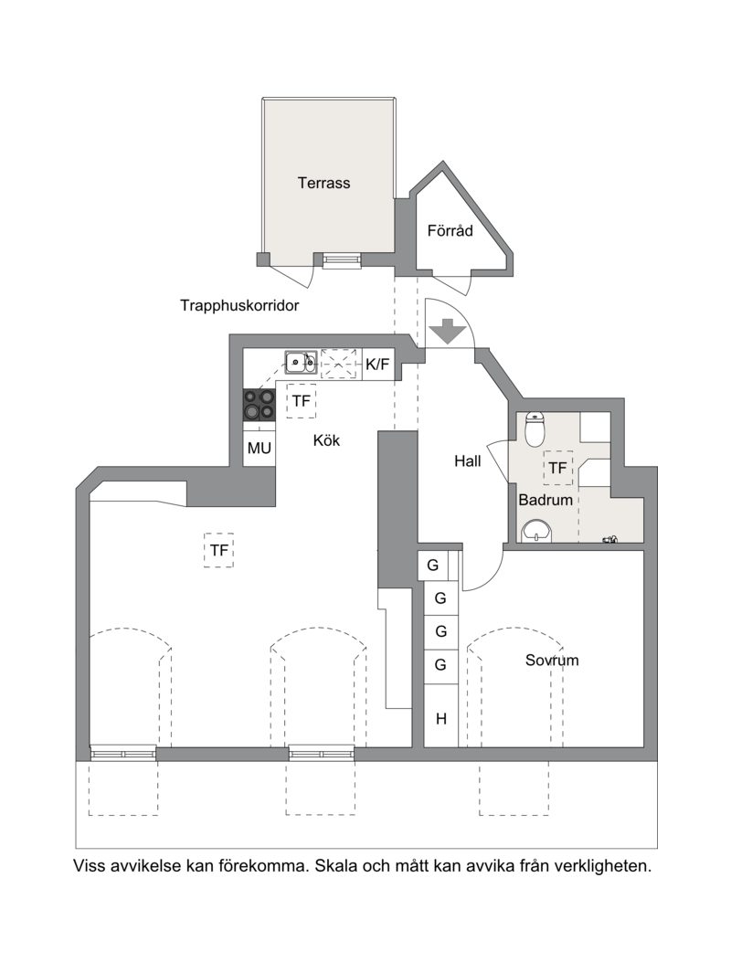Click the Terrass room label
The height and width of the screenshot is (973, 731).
click(x=323, y=183)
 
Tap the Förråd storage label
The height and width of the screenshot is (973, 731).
click(x=450, y=231)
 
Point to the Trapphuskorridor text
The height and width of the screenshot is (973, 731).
click(x=239, y=305)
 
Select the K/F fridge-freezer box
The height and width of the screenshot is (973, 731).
click(x=377, y=365)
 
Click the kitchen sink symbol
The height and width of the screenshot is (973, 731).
click(x=301, y=362)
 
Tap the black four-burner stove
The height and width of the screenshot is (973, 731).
click(x=260, y=405)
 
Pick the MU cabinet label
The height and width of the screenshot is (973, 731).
click(x=260, y=448)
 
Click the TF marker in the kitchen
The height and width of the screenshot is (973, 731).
click(x=301, y=401)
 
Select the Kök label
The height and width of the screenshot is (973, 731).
click(x=326, y=440)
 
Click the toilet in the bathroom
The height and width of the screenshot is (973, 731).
click(x=535, y=428)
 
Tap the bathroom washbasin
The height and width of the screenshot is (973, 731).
click(x=536, y=532)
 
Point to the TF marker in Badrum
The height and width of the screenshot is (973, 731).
click(x=558, y=468)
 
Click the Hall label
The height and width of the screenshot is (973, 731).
click(x=467, y=461)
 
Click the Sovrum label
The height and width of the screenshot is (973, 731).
click(x=552, y=661)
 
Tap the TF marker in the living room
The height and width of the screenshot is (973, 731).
click(x=219, y=550)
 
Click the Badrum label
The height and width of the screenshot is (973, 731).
click(x=546, y=500)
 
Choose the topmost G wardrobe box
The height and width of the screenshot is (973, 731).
click(x=433, y=566)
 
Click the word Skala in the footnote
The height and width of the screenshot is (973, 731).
click(x=336, y=865)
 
